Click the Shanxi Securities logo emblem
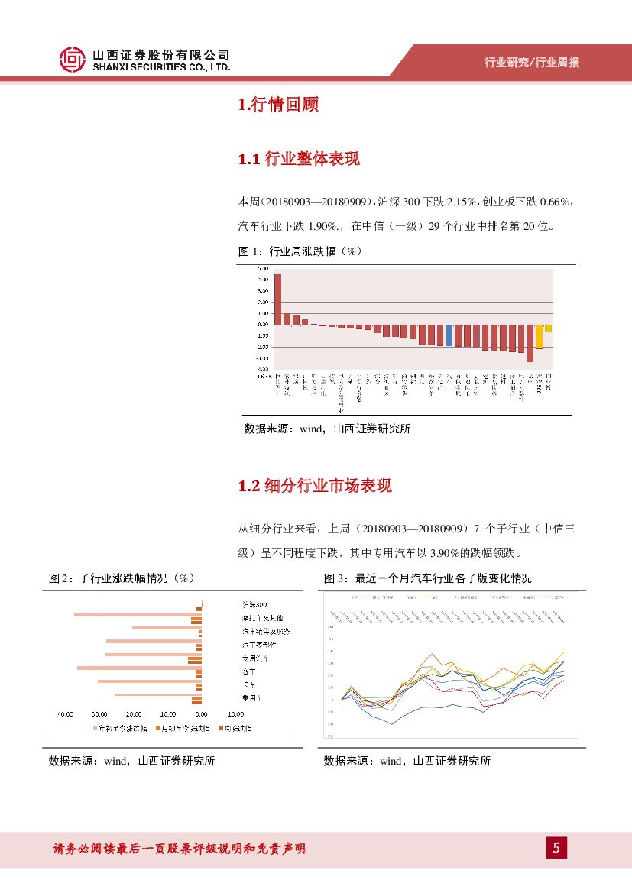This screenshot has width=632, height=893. (73, 60)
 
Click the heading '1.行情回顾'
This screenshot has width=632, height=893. (278, 105)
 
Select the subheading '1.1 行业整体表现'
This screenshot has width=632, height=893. (299, 159)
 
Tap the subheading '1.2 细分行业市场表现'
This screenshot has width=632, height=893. (315, 487)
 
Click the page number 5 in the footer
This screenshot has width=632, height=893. (556, 847)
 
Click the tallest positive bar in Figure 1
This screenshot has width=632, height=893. (277, 299)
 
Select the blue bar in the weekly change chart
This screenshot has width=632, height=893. (449, 335)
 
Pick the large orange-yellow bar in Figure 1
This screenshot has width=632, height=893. (539, 337)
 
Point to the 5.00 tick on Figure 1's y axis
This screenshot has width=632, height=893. (262, 268)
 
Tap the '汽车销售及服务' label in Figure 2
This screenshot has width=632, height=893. (266, 632)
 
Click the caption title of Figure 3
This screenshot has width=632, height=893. (427, 578)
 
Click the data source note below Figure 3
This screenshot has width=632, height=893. (407, 761)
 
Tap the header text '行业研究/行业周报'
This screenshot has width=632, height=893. (532, 63)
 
